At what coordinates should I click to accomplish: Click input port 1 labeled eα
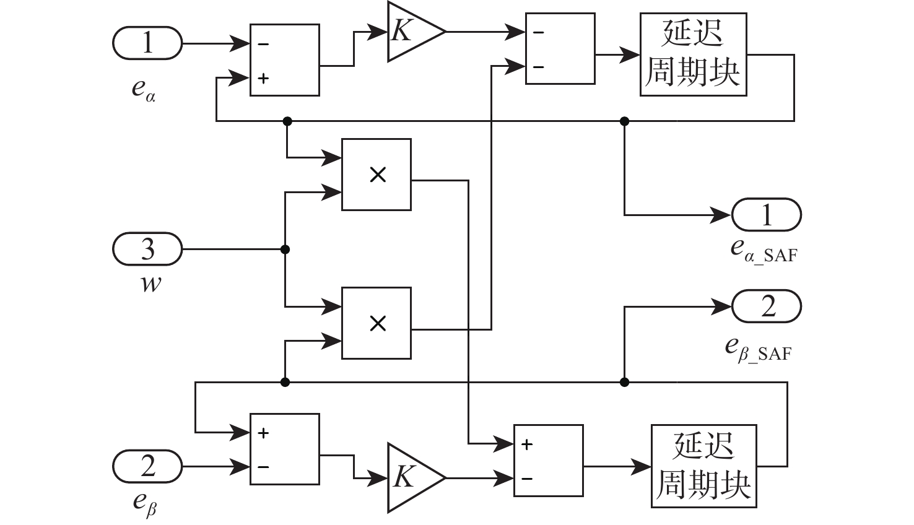coord(147,44)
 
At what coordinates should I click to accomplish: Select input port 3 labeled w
coord(147,249)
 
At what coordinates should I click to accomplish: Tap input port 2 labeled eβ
coord(147,466)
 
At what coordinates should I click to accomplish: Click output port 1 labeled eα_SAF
coord(767,215)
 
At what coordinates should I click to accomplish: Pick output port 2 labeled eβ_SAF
coord(767,306)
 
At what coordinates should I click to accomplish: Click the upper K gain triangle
coord(412,32)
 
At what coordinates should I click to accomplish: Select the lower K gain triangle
coord(412,477)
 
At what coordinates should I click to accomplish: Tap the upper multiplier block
coord(376,175)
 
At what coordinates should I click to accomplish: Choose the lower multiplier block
coord(376,323)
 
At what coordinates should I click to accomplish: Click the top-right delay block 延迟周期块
coord(693,54)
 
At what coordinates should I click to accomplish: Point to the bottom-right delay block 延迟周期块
coord(703,466)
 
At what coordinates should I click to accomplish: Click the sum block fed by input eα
coord(285,60)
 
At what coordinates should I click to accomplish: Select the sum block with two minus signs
coord(560,49)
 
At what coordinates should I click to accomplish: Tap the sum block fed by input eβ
coord(285,449)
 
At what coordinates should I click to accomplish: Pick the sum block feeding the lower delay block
coord(548,461)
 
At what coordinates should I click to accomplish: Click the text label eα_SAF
coord(763,250)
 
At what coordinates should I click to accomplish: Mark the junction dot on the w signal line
coord(285,249)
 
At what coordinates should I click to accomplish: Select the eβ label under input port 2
coord(145,503)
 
